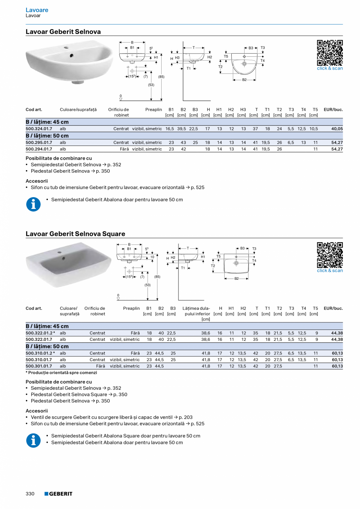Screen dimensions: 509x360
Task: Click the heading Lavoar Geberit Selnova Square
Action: click(x=75, y=234)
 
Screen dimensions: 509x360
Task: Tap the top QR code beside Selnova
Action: click(x=329, y=53)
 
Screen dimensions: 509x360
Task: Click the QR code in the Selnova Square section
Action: click(x=329, y=255)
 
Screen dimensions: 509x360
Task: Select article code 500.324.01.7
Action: click(x=39, y=128)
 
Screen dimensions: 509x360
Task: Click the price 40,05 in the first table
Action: click(x=337, y=128)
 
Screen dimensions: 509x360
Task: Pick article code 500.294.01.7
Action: click(x=39, y=149)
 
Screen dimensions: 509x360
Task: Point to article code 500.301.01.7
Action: click(x=39, y=366)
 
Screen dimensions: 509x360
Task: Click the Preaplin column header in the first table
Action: click(x=153, y=110)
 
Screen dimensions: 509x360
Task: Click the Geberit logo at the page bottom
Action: click(x=58, y=494)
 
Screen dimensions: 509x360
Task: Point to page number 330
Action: click(x=30, y=494)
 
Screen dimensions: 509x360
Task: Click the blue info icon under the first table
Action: click(x=33, y=204)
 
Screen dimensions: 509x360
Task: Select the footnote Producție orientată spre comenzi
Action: click(x=61, y=373)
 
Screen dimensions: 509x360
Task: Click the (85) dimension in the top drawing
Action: click(x=161, y=77)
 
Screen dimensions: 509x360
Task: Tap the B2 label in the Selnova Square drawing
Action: click(x=236, y=279)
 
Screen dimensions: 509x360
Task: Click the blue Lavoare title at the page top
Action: click(x=37, y=10)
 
